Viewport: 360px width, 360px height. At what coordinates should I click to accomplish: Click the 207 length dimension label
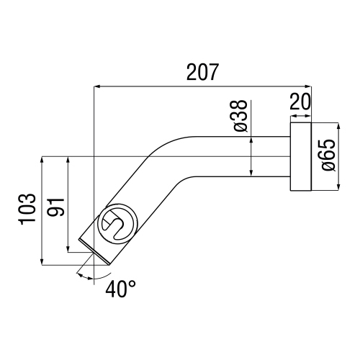click(x=202, y=73)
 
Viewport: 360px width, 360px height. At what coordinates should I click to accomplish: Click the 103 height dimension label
click(x=27, y=210)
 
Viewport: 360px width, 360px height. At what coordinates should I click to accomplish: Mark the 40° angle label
click(x=120, y=289)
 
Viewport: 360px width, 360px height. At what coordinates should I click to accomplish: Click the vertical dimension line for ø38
click(x=251, y=156)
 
